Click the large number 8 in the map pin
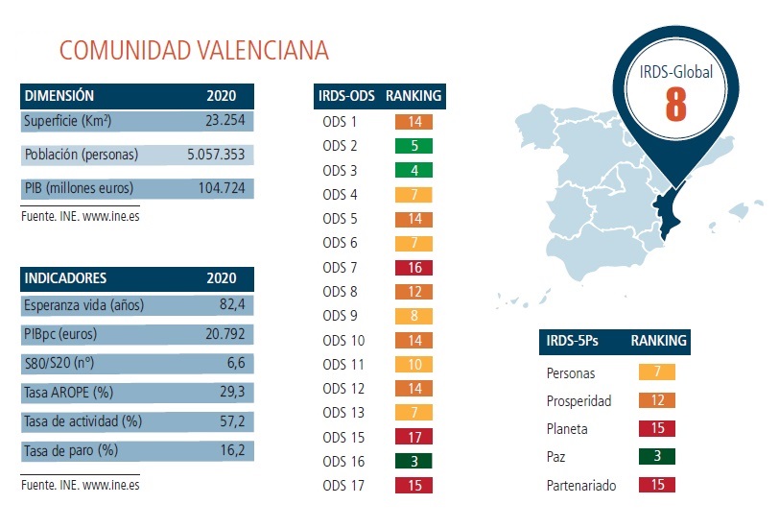[x=675, y=105]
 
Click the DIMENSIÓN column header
[x=59, y=96]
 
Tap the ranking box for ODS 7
[x=414, y=267]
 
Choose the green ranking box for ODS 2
[x=414, y=146]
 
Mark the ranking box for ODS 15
[x=414, y=437]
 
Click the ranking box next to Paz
[x=657, y=456]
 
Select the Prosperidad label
[x=578, y=400]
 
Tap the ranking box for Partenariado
[x=657, y=484]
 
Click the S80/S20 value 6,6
[x=236, y=364]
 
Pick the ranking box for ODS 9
[x=414, y=316]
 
